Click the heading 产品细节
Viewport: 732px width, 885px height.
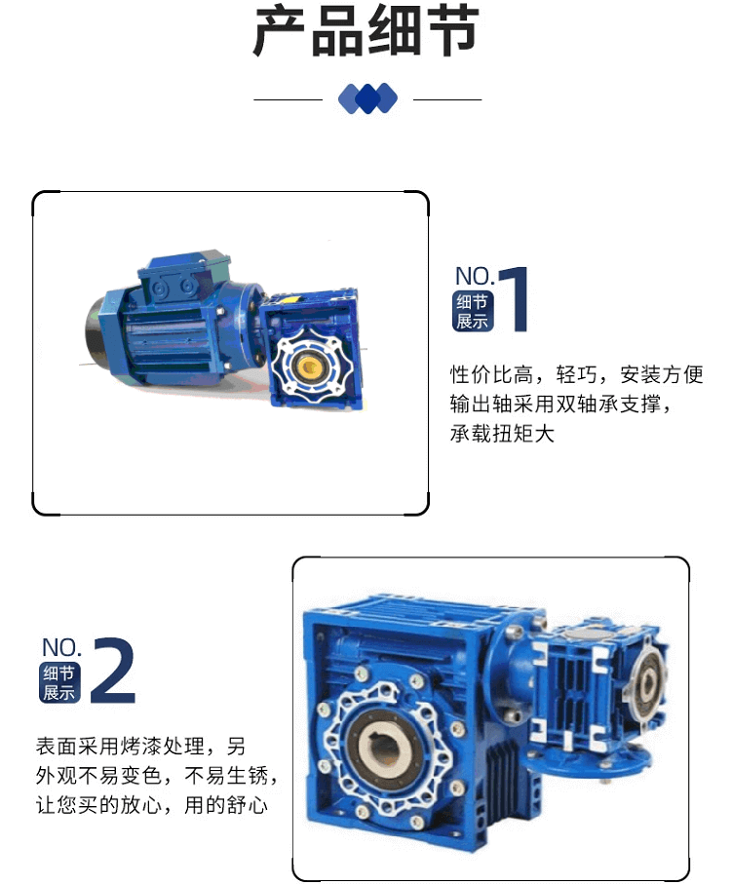(366, 31)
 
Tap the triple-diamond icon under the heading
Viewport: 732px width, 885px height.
(367, 98)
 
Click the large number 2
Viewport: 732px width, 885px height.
(113, 670)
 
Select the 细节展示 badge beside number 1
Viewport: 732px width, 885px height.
(473, 311)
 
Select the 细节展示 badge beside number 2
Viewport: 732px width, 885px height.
(59, 682)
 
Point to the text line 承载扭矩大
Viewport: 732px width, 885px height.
(502, 434)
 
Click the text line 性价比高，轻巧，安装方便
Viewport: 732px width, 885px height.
(576, 374)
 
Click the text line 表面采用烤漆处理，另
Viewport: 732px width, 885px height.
(140, 747)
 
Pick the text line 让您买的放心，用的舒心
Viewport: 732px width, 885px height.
(151, 805)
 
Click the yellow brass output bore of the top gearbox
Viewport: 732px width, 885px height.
(309, 366)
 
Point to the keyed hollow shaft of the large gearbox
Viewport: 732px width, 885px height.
(385, 748)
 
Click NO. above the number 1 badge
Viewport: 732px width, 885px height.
(475, 276)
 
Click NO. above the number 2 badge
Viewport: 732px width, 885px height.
(61, 647)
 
